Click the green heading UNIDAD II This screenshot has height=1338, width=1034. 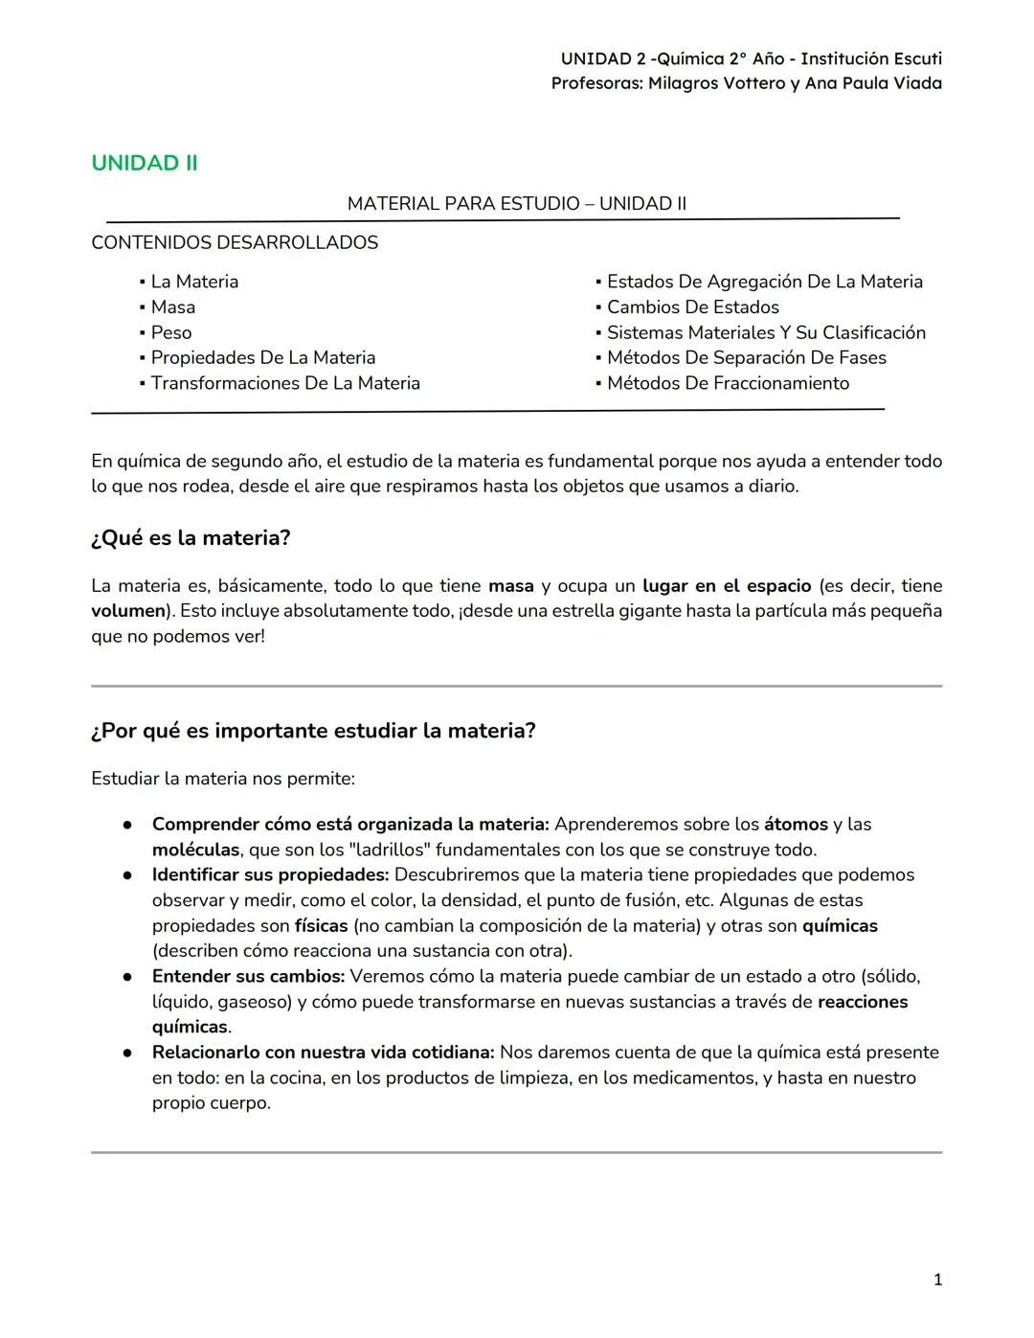pos(145,163)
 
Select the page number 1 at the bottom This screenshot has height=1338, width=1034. pos(937,1280)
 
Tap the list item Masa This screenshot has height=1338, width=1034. pos(172,307)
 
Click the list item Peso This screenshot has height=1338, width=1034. pos(170,332)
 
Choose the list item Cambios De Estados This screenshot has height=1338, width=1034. pos(692,307)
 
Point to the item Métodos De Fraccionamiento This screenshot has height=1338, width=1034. pos(728,383)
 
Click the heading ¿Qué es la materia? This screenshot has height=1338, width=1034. pos(191,538)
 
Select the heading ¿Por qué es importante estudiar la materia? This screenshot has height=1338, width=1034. pos(313,731)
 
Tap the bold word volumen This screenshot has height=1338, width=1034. pos(128,611)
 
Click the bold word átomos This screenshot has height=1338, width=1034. pos(796,825)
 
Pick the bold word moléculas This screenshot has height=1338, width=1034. pos(195,850)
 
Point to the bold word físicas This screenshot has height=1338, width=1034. pos(321,926)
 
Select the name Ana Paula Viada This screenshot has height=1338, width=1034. pos(873,83)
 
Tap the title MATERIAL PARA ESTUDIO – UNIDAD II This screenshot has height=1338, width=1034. pos(516,204)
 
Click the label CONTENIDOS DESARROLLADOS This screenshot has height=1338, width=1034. pos(235,243)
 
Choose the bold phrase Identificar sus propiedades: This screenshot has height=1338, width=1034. pos(270,875)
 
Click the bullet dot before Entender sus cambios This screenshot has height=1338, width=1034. pos(126,977)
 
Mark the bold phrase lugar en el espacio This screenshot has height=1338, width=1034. pos(727,586)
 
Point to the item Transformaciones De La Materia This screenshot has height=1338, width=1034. pos(285,383)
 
